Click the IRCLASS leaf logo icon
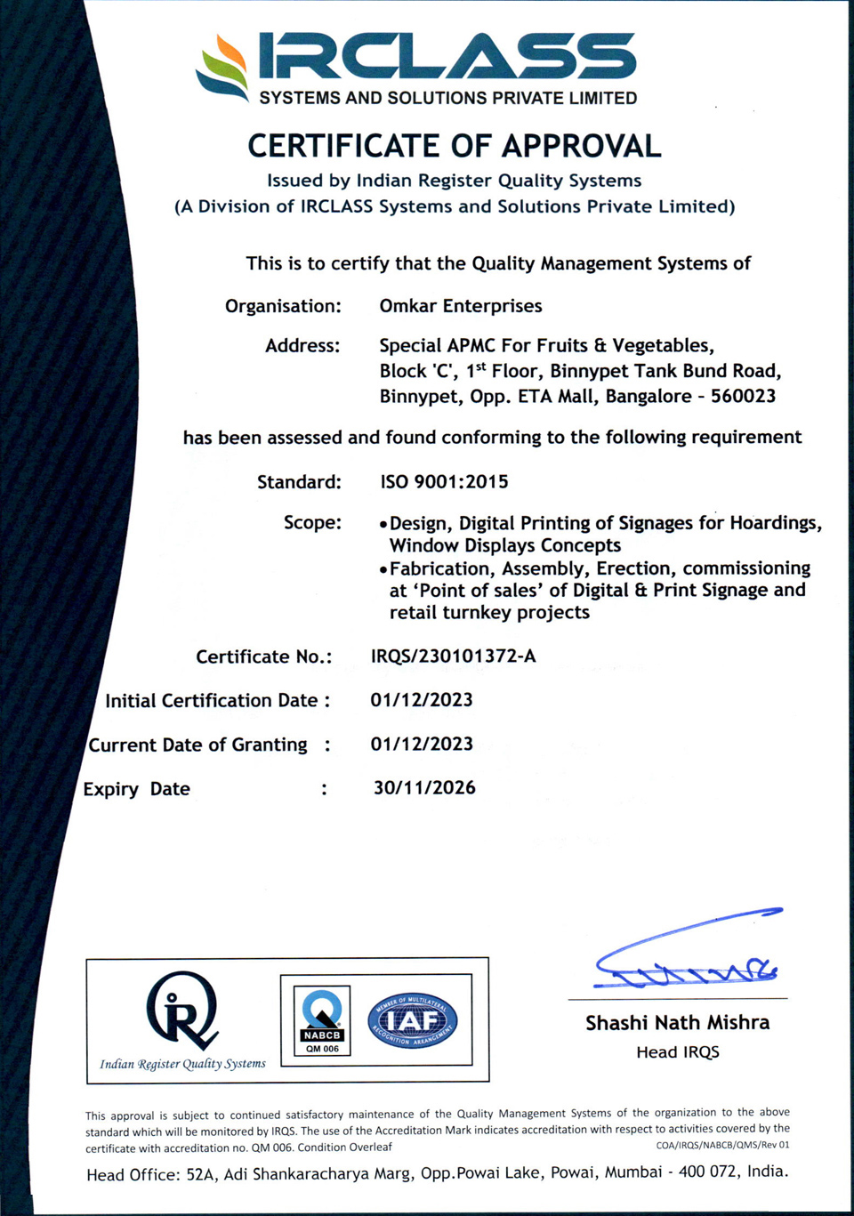point(223,67)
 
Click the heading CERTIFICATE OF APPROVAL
point(454,146)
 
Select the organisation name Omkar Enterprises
point(460,306)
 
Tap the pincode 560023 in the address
point(743,396)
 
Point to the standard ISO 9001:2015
point(444,482)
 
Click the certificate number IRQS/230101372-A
point(453,656)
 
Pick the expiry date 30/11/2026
point(424,788)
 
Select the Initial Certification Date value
point(422,700)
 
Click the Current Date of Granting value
point(422,744)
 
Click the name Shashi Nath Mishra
point(677,1023)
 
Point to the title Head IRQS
point(677,1052)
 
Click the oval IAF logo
point(412,1020)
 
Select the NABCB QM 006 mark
point(322,1020)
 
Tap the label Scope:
point(312,522)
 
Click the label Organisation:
point(283,306)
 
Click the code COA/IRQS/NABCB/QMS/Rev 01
point(722,1145)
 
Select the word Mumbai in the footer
point(633,1172)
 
